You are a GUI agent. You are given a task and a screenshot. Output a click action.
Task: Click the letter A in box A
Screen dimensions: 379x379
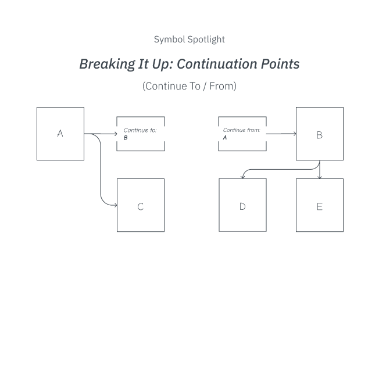[x=60, y=133]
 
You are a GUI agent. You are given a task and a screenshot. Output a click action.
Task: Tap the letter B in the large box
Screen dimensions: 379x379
[x=320, y=135]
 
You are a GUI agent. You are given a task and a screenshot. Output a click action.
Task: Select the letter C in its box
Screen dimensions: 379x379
[x=141, y=207]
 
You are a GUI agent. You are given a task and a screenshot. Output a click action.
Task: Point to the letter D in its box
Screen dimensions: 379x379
[x=242, y=206]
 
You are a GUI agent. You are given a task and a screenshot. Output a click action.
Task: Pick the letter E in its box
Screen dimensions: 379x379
[x=320, y=207]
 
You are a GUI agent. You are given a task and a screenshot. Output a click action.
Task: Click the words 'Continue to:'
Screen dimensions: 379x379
[x=140, y=130]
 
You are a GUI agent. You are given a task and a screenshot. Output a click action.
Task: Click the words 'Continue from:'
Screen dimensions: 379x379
[x=241, y=130]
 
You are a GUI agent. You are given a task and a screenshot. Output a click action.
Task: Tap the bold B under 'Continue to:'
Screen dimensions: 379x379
[x=126, y=138]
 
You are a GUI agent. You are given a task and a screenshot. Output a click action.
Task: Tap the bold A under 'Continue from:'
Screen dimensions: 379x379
[x=225, y=138]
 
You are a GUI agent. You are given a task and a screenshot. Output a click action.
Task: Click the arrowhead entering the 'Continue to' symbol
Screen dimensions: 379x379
[x=116, y=134]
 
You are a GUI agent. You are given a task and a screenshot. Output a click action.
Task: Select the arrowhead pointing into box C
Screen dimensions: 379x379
[x=116, y=205]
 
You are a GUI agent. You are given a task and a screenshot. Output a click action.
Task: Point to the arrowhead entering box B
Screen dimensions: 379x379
[x=295, y=134]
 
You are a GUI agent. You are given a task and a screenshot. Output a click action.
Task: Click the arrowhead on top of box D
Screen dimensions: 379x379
[x=242, y=177]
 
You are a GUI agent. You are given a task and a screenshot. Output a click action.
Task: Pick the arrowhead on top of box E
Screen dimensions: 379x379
[x=320, y=177]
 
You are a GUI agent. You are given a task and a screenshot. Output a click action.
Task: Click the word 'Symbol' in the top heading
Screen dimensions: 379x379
[x=170, y=40]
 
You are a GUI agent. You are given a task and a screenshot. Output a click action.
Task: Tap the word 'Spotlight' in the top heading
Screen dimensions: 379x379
[x=206, y=40]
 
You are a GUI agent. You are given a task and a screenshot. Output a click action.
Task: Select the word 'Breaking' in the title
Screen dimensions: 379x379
[x=108, y=65]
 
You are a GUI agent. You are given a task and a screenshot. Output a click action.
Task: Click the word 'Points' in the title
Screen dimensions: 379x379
[x=280, y=64]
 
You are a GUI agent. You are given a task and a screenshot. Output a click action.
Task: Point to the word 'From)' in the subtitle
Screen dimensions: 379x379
[x=223, y=86]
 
